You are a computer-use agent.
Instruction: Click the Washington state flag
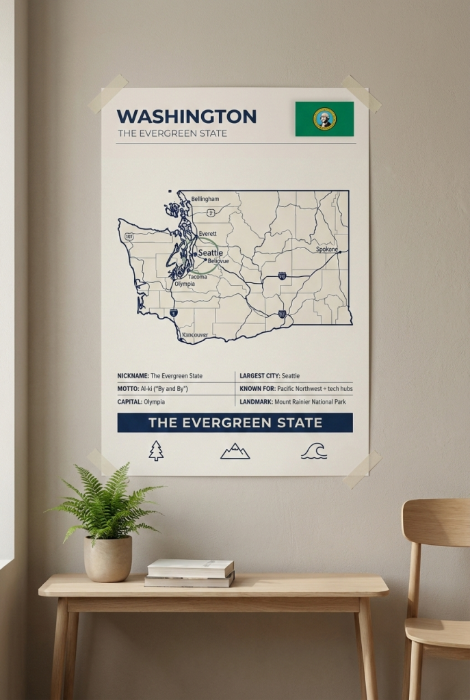point(324,119)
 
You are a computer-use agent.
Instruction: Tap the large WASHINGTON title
point(186,116)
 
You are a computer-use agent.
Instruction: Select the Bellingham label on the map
point(205,199)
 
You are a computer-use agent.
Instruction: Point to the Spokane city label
point(327,250)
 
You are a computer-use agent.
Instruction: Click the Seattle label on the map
point(210,253)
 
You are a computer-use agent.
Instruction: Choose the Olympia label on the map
point(184,284)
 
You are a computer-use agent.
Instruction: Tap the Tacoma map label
point(197,277)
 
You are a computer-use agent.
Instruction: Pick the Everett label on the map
point(207,234)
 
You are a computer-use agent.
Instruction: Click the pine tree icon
point(157,450)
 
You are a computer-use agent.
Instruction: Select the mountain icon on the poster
point(235,450)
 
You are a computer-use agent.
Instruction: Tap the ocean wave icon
point(314,450)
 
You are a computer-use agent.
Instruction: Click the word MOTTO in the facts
point(129,388)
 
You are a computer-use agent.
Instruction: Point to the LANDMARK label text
point(255,401)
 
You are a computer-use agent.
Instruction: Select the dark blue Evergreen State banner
point(235,422)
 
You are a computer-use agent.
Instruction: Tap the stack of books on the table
point(190,573)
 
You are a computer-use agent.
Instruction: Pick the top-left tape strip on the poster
point(108,94)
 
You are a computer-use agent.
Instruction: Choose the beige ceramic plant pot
point(108,558)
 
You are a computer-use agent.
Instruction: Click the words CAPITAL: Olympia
point(146,401)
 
